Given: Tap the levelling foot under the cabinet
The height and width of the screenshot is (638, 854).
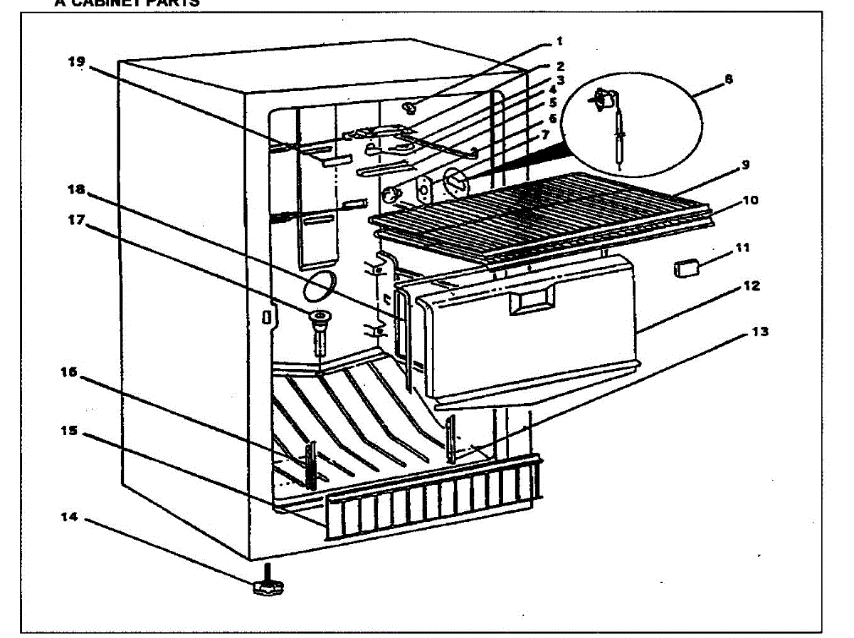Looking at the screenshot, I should click(x=267, y=585).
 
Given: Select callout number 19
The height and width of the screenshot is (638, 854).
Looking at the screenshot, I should click(x=76, y=62).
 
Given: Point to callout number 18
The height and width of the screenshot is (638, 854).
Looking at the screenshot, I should click(x=76, y=190).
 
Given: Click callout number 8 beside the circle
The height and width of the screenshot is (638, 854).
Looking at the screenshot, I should click(x=728, y=80).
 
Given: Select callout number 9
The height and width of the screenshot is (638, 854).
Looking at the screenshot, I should click(x=744, y=164).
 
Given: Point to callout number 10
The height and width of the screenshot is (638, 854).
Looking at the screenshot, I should click(x=750, y=201).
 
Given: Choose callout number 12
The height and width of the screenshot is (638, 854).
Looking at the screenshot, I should click(x=752, y=286).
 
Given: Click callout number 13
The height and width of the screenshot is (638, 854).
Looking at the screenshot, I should click(x=762, y=332).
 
